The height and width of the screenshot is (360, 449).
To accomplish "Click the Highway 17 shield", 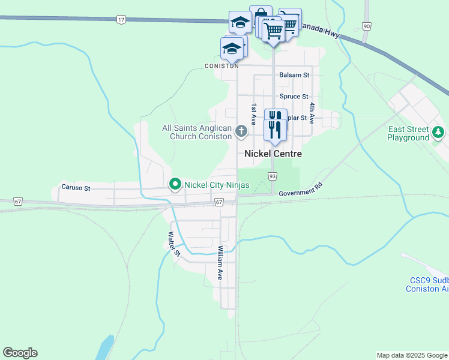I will [x=121, y=20].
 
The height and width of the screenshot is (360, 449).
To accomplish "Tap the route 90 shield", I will [x=366, y=26].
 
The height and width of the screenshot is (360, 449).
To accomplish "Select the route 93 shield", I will [x=273, y=176].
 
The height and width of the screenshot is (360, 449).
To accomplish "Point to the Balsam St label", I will [x=294, y=75].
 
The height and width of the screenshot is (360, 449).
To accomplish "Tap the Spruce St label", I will [x=294, y=96].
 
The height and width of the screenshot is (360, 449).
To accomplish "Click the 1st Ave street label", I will [x=255, y=114].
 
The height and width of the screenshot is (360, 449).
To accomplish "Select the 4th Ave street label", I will [x=312, y=113].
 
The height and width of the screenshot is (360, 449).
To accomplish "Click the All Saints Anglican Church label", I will [x=196, y=132].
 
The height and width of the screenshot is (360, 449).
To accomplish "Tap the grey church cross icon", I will [x=241, y=131].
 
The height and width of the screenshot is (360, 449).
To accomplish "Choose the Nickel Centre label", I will [x=273, y=154].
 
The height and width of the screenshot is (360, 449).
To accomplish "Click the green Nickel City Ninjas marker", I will [x=175, y=184].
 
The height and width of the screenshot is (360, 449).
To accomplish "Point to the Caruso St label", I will [x=76, y=188].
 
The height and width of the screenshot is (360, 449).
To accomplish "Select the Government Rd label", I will [x=301, y=190].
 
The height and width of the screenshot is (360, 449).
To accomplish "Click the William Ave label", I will [x=220, y=263].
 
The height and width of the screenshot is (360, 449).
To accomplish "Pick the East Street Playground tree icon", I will [x=439, y=131].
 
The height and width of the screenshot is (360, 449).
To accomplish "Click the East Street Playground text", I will [x=408, y=133].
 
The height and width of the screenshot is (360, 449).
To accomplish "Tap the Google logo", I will [x=20, y=353].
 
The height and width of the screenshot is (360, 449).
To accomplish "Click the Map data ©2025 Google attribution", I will [x=411, y=355].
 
